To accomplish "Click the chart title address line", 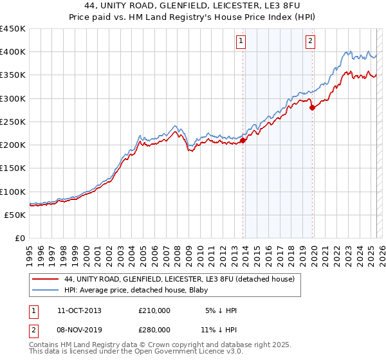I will [x=192, y=6].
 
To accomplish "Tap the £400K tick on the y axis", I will [x=12, y=52].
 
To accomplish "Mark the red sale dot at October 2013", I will [x=243, y=141].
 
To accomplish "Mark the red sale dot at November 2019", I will [x=312, y=108].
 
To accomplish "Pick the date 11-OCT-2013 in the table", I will [x=79, y=310].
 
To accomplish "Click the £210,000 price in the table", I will [x=154, y=310].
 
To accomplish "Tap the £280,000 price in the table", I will [x=154, y=330].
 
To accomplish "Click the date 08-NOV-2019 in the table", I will [x=79, y=330].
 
